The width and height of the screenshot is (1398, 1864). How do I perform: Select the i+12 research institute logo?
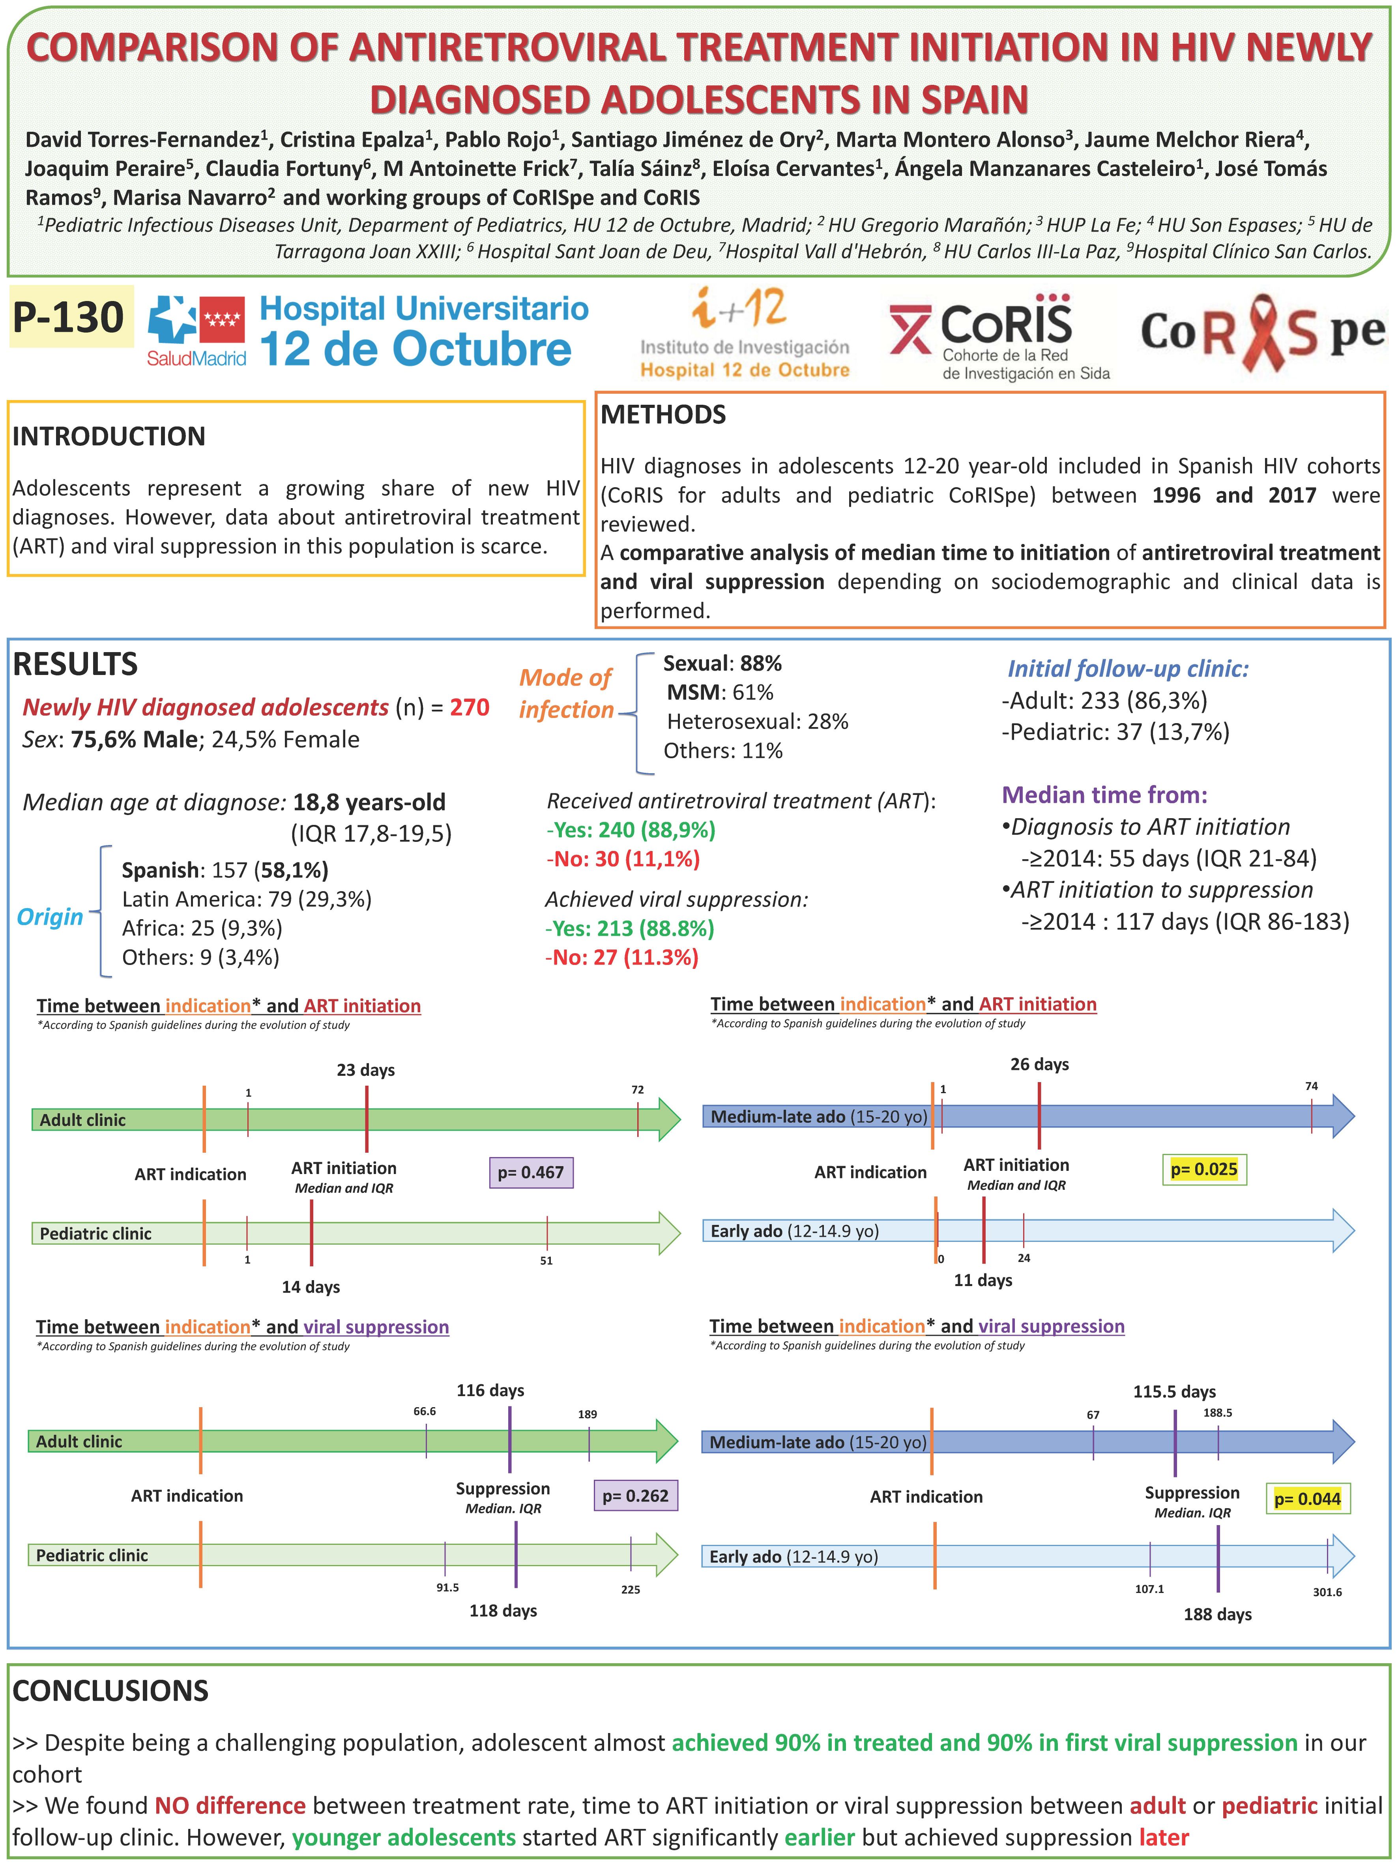pyautogui.click(x=744, y=333)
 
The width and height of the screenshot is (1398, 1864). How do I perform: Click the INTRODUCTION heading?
pyautogui.click(x=109, y=436)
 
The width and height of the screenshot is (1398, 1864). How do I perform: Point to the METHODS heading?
pyautogui.click(x=663, y=415)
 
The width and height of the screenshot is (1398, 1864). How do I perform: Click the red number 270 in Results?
pyautogui.click(x=470, y=707)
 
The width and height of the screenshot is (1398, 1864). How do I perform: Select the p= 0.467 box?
pyautogui.click(x=531, y=1172)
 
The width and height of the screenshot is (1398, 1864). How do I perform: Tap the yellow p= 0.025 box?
pyautogui.click(x=1203, y=1169)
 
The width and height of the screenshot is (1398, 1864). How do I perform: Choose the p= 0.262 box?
pyautogui.click(x=635, y=1496)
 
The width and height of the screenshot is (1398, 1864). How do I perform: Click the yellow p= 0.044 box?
pyautogui.click(x=1307, y=1498)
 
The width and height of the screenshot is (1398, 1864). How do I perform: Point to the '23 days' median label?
pyautogui.click(x=366, y=1070)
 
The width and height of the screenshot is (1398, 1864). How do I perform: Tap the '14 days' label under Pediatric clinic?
pyautogui.click(x=311, y=1287)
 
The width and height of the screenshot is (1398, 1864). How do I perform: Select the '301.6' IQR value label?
pyautogui.click(x=1327, y=1592)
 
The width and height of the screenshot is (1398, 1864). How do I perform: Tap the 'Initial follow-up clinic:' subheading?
pyautogui.click(x=1127, y=669)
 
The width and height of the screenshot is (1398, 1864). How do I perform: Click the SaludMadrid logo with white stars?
pyautogui.click(x=197, y=330)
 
